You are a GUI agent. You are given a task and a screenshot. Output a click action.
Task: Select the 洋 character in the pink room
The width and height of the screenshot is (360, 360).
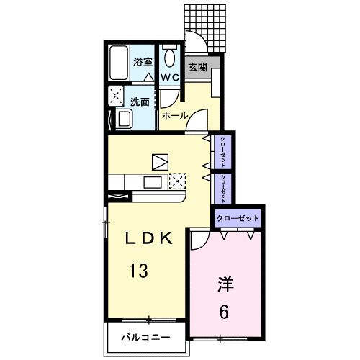click(x=226, y=284)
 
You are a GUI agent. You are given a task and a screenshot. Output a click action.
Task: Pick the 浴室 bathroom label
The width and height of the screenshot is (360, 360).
click(x=143, y=62)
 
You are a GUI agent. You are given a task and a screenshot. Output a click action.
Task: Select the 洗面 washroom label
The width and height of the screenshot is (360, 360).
click(x=140, y=102)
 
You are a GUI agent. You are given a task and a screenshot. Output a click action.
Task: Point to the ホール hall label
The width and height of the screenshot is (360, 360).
click(x=175, y=115)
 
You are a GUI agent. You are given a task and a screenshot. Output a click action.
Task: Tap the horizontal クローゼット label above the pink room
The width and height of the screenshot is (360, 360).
click(x=237, y=216)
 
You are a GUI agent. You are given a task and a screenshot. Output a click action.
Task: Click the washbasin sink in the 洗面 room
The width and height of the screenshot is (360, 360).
click(x=123, y=118)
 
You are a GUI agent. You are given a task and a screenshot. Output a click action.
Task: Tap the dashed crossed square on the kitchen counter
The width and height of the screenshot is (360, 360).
click(x=177, y=181)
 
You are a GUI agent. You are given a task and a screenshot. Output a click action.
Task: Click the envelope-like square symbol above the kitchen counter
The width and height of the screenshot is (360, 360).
click(x=160, y=161)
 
